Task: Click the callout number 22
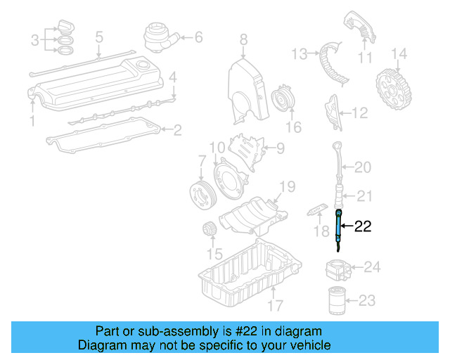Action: [x=363, y=226]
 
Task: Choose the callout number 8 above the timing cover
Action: [x=243, y=39]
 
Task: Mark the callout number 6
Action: [x=198, y=36]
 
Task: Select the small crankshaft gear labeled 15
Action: [x=207, y=230]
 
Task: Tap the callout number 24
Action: [x=372, y=266]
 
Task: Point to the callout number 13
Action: [x=300, y=53]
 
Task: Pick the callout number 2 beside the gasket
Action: [x=178, y=129]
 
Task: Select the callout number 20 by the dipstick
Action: [x=362, y=167]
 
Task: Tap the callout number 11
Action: [x=365, y=57]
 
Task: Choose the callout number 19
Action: [x=286, y=186]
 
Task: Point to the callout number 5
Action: [x=99, y=36]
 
